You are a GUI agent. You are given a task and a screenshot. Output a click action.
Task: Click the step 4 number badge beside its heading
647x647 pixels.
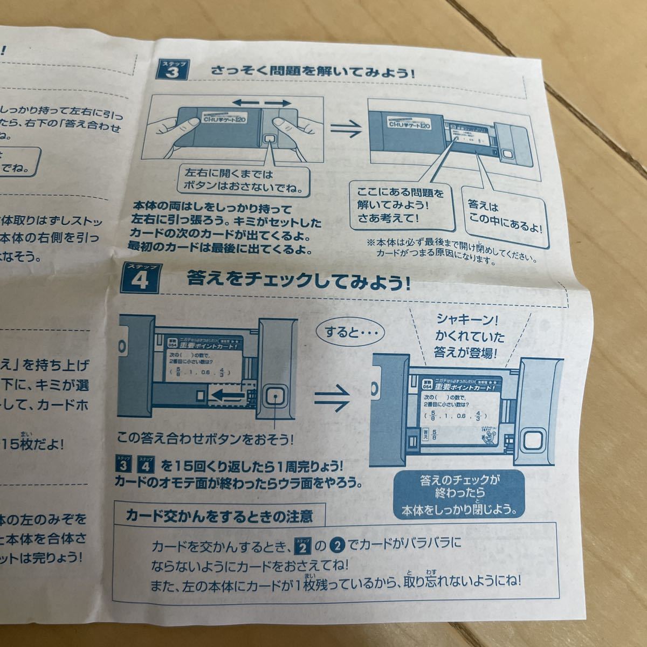[x=139, y=279]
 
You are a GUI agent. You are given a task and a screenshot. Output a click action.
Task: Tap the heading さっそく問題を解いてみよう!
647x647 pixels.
[x=313, y=70]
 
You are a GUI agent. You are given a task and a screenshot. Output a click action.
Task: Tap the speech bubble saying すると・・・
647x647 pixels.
[x=348, y=331]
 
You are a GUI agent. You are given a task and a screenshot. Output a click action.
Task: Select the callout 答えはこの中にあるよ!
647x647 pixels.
[x=501, y=214]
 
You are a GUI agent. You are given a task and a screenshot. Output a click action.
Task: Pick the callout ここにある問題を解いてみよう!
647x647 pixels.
[x=401, y=205]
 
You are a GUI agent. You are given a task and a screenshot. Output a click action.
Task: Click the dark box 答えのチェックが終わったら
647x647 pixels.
[x=459, y=493]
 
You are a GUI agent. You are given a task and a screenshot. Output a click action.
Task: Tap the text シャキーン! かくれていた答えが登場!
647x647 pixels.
[x=469, y=337]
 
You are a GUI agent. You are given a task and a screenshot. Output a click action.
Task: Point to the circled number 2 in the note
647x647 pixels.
[x=336, y=545]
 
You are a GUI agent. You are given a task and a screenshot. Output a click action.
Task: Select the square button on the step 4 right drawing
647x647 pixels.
[x=533, y=444]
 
